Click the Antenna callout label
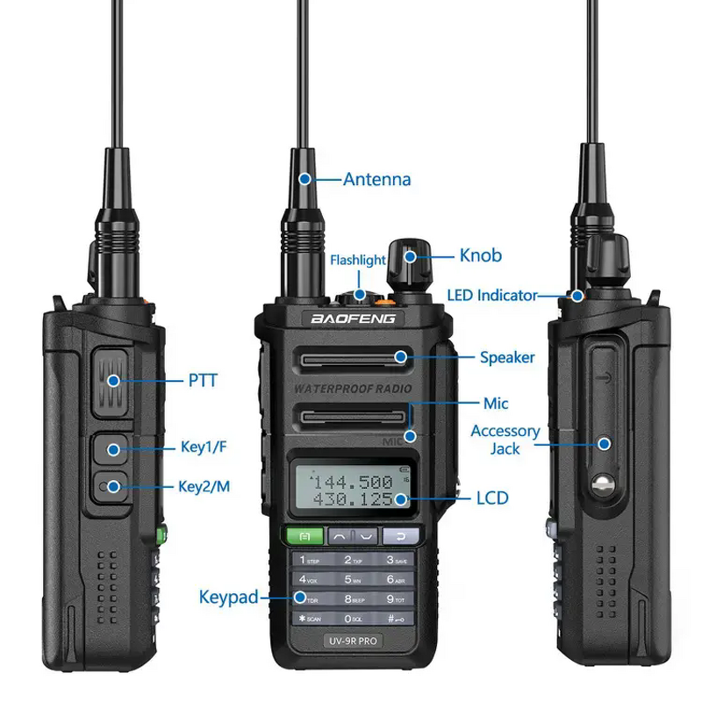[x=376, y=180]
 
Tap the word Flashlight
[x=357, y=261]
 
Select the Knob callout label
[x=481, y=255]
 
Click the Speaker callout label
[x=507, y=357]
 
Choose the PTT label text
[x=202, y=381]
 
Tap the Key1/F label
[x=204, y=448]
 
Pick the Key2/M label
[x=204, y=486]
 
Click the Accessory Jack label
[x=505, y=440]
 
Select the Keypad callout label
[x=228, y=598]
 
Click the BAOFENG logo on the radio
[x=354, y=319]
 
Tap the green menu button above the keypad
[x=303, y=535]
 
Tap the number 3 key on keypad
[x=392, y=560]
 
